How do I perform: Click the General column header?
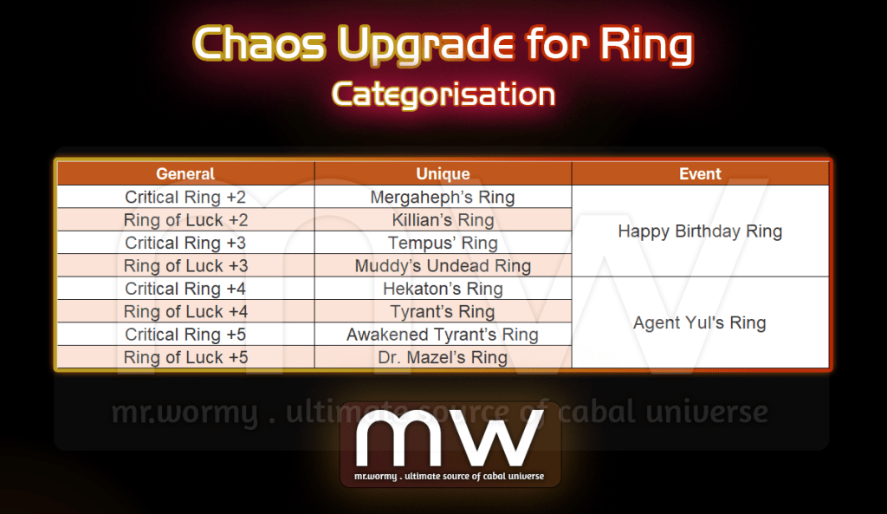(x=185, y=173)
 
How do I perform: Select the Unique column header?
(x=443, y=173)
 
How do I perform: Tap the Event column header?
(x=700, y=173)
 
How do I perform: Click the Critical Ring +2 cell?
(x=185, y=197)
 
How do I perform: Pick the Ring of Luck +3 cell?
(x=185, y=265)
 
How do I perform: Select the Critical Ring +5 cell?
(x=185, y=334)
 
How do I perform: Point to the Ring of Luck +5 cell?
(x=185, y=357)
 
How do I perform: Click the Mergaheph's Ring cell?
(x=443, y=197)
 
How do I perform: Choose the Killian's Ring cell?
(x=443, y=219)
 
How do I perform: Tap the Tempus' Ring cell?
(x=443, y=243)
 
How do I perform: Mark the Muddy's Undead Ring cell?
(x=443, y=265)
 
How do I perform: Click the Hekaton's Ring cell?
(x=443, y=289)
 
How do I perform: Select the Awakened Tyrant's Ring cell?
(x=443, y=334)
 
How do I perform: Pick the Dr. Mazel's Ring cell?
(x=443, y=357)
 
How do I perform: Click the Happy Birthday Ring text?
(x=700, y=231)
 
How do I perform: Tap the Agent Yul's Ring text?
(x=700, y=322)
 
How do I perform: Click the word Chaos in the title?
(x=260, y=43)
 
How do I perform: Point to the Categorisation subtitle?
(x=443, y=94)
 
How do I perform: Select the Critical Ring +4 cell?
(x=185, y=289)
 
